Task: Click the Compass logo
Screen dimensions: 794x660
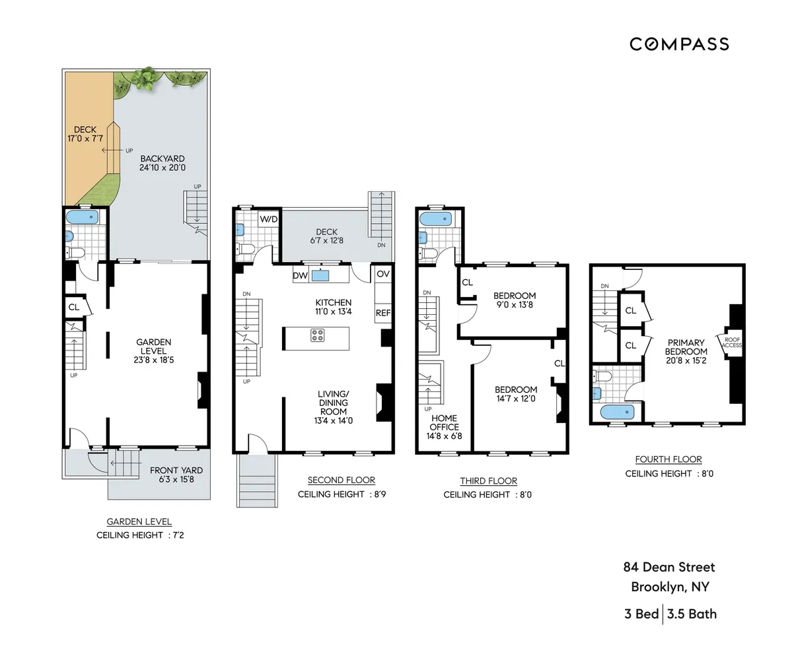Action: [x=679, y=44]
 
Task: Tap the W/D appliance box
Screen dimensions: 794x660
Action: [x=268, y=219]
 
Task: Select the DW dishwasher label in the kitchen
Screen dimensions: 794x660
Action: [x=300, y=275]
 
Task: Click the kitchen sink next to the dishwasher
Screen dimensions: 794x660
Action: [x=320, y=275]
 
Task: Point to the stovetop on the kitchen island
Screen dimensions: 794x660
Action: [x=318, y=335]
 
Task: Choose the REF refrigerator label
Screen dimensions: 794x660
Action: [x=383, y=313]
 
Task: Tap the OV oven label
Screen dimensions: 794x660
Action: [x=383, y=274]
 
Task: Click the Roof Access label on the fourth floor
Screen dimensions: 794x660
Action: [x=732, y=343]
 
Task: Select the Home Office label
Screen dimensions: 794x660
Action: [x=444, y=422]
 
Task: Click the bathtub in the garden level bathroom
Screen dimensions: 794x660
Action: [x=82, y=218]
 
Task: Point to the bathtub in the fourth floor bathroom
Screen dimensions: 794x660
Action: [x=618, y=412]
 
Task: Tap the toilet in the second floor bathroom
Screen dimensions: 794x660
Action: [x=245, y=249]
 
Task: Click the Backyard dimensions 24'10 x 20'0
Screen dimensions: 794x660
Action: [x=162, y=168]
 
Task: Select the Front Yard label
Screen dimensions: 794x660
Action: [x=176, y=471]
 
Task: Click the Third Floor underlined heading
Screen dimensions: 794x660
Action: [x=489, y=481]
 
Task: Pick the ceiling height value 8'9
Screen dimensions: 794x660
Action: [x=380, y=494]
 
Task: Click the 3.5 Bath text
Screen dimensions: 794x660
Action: [x=692, y=614]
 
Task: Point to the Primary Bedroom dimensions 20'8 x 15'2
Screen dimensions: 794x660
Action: [x=686, y=360]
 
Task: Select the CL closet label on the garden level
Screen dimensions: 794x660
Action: [x=74, y=307]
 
